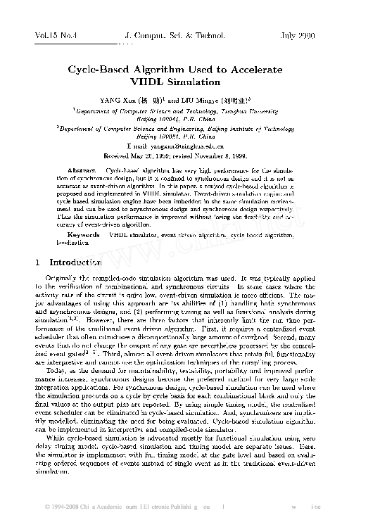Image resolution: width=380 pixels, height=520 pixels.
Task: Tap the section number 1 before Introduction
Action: pos(37,262)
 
